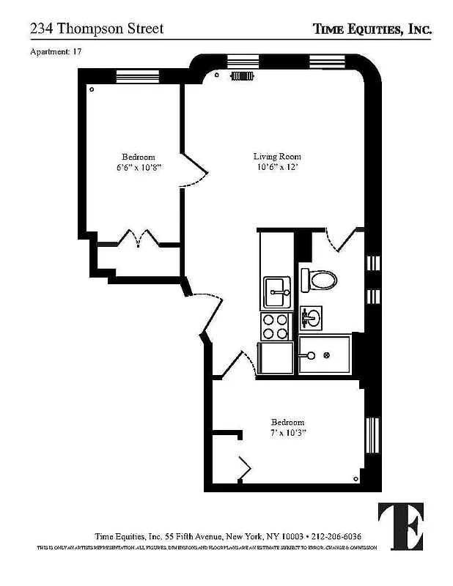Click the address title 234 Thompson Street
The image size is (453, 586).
[x=96, y=29]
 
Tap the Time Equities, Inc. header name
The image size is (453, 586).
[x=372, y=29]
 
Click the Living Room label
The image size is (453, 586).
[x=277, y=156]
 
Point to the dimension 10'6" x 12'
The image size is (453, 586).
[x=277, y=167]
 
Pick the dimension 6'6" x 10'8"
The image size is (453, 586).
[x=138, y=167]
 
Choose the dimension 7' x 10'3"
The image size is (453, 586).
[x=287, y=433]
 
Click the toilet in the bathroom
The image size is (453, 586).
[x=320, y=280]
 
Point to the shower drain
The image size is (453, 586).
[x=327, y=356]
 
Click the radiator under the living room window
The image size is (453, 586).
[x=241, y=75]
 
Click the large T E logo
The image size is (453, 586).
[x=400, y=527]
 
